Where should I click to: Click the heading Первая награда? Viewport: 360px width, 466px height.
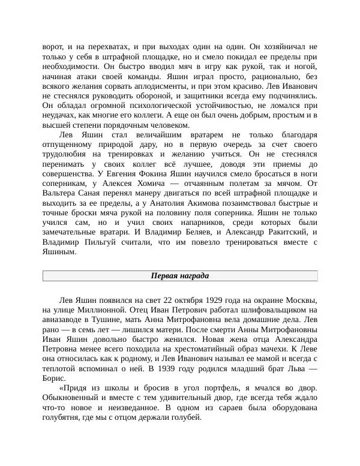pos(179,276)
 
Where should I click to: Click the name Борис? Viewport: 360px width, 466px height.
pos(55,378)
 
